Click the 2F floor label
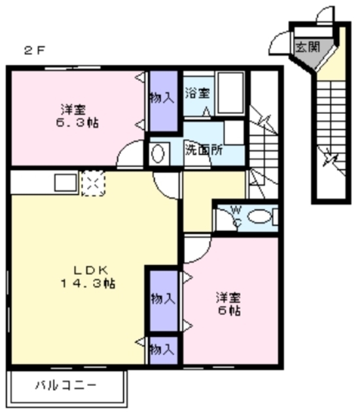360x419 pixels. click(x=34, y=50)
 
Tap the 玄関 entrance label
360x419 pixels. click(x=308, y=47)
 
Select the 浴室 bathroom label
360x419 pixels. click(x=198, y=93)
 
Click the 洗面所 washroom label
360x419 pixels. click(x=204, y=150)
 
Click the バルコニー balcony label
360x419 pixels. click(x=65, y=385)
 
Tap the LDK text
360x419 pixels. click(x=91, y=270)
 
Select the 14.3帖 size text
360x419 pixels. click(x=88, y=283)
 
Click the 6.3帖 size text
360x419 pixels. click(x=77, y=122)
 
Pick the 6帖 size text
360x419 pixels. click(x=229, y=310)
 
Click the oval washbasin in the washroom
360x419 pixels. click(x=158, y=154)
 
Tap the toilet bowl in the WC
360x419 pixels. click(x=259, y=216)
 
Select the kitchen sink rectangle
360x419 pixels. click(x=65, y=183)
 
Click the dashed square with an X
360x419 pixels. click(x=93, y=183)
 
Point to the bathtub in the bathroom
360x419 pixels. click(x=231, y=93)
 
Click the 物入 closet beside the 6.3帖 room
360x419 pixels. click(x=164, y=101)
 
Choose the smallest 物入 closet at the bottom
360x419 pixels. click(x=164, y=350)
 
